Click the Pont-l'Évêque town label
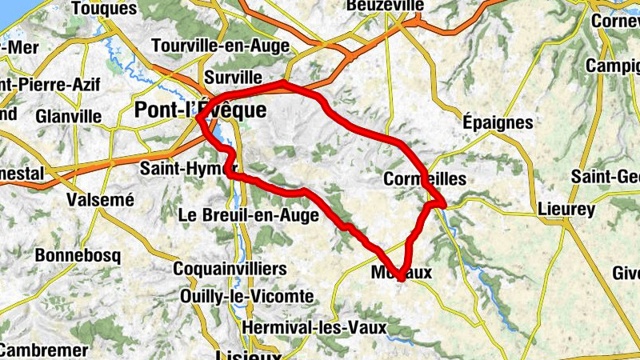click(200, 110)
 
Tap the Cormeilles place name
click(424, 179)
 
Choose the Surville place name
click(233, 77)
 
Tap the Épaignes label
click(498, 122)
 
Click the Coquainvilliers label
click(230, 268)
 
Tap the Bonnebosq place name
click(78, 256)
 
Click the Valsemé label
click(100, 200)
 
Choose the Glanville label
click(68, 116)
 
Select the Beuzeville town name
click(385, 6)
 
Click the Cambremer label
click(44, 350)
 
